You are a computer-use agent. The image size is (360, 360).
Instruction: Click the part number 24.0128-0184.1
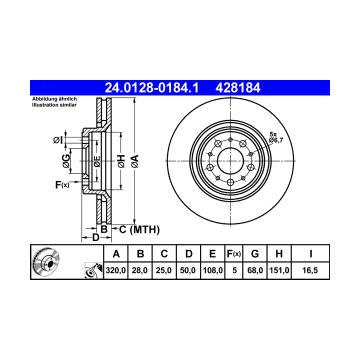(x=151, y=87)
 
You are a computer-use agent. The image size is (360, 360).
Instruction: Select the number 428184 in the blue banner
(x=238, y=87)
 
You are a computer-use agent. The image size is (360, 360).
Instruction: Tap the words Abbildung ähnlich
(x=54, y=99)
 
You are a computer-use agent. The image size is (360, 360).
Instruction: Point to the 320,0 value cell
(x=115, y=270)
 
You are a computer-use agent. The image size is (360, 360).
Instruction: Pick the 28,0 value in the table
(x=140, y=270)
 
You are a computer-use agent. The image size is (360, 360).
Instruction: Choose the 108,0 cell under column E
(x=212, y=270)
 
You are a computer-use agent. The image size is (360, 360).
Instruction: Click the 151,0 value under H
(x=279, y=270)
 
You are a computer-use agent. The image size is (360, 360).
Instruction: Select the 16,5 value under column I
(x=310, y=270)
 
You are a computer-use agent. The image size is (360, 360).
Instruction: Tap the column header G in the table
(x=255, y=254)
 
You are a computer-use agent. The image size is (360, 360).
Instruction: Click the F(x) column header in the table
(x=233, y=254)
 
